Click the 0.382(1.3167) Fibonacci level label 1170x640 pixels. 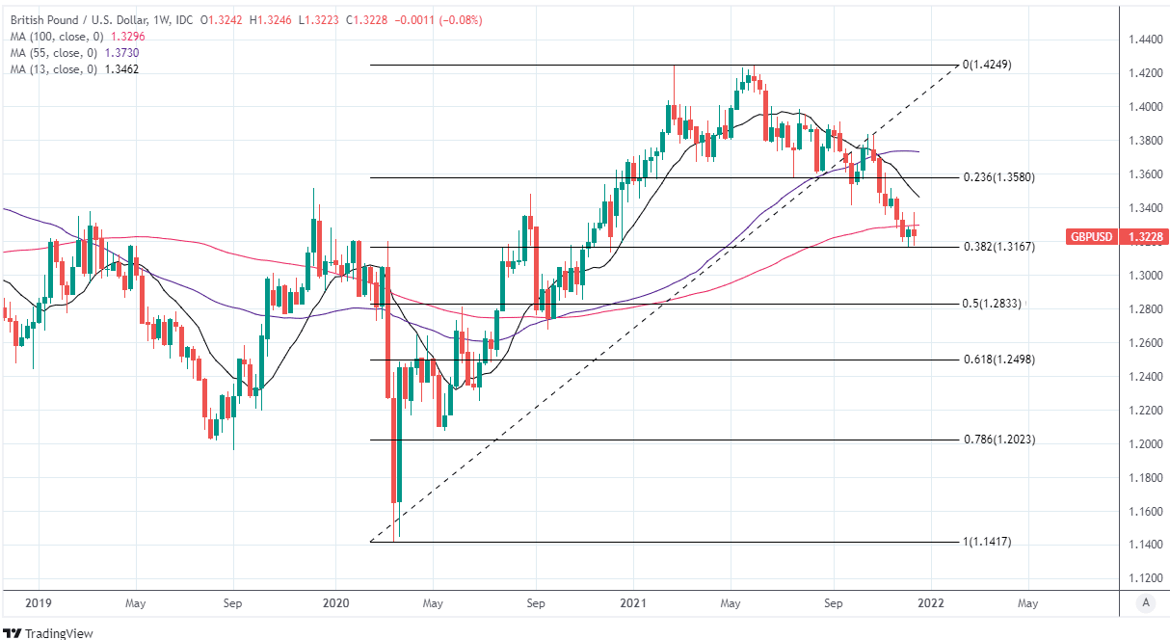[x=998, y=247]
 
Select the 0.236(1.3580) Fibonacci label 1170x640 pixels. [x=998, y=177]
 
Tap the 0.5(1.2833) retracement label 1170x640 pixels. [x=993, y=304]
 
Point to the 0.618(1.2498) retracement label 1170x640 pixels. [x=998, y=360]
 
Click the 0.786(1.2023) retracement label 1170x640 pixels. [x=998, y=440]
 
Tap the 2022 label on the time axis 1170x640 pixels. [x=930, y=602]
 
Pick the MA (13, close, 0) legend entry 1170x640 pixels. [x=69, y=69]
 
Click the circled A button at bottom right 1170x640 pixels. [x=1145, y=602]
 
